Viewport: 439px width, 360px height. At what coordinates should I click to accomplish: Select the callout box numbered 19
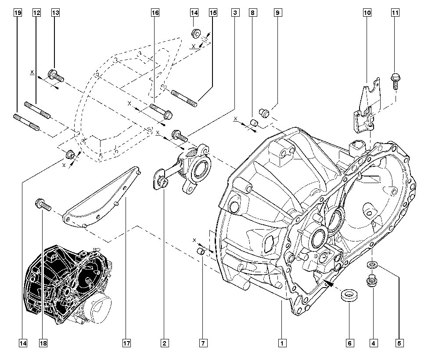pyautogui.click(x=17, y=13)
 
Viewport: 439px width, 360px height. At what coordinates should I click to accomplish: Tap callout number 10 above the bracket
pyautogui.click(x=367, y=13)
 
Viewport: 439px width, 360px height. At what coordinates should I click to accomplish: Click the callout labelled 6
pyautogui.click(x=349, y=342)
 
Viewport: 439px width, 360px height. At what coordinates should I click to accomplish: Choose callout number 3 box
pyautogui.click(x=235, y=13)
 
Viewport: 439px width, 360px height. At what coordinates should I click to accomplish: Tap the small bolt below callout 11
pyautogui.click(x=394, y=81)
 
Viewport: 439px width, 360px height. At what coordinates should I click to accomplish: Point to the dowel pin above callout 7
pyautogui.click(x=202, y=252)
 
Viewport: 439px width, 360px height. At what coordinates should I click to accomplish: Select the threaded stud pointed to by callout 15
pyautogui.click(x=184, y=97)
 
